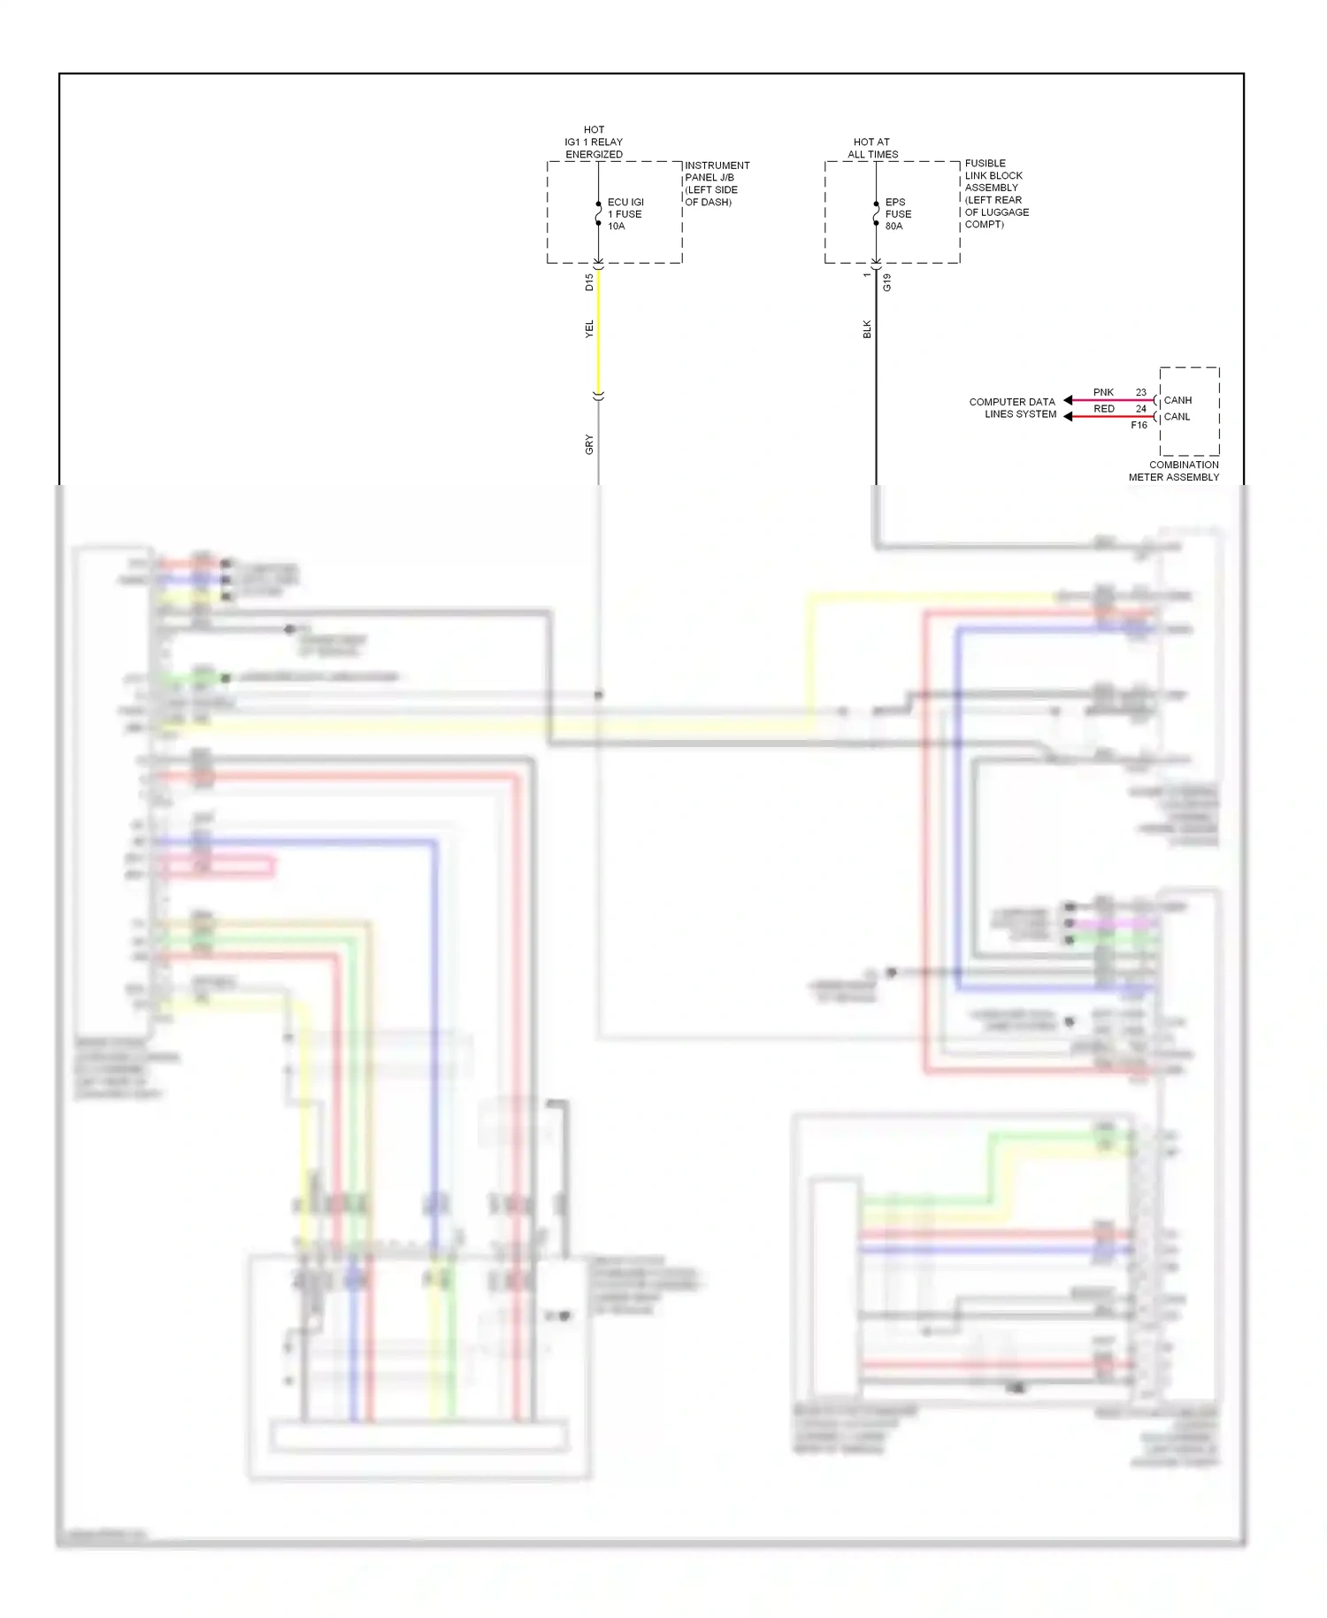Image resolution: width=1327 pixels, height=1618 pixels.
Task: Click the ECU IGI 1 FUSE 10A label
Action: (625, 214)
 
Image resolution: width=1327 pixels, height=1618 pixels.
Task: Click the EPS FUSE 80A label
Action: (897, 214)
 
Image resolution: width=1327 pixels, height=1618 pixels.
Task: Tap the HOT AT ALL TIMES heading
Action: (872, 148)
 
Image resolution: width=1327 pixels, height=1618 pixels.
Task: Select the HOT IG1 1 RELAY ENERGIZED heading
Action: (594, 142)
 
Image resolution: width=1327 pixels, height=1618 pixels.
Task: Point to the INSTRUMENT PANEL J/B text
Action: (717, 183)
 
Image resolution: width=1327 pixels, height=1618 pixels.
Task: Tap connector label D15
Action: (589, 282)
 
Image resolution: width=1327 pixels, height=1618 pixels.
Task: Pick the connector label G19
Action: (886, 283)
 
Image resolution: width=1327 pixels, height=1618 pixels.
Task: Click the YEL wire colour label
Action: (589, 329)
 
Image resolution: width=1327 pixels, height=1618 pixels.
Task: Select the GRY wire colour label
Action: (589, 444)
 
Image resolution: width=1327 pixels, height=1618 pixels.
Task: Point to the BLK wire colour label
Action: (867, 329)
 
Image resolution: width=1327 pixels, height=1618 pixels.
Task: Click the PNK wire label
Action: (1103, 392)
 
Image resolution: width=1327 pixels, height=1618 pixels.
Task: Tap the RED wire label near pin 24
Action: (1103, 409)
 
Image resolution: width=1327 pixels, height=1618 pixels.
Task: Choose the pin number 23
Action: (1140, 392)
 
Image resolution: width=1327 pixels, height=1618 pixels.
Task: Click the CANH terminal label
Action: (1177, 400)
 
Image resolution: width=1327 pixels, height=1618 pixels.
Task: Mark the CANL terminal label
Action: (1177, 417)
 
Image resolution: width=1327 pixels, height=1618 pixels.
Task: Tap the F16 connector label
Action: (1139, 426)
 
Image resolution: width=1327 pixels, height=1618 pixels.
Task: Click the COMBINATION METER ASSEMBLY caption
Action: (1174, 471)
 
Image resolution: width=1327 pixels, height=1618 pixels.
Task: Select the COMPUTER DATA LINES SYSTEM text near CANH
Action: (1013, 408)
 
